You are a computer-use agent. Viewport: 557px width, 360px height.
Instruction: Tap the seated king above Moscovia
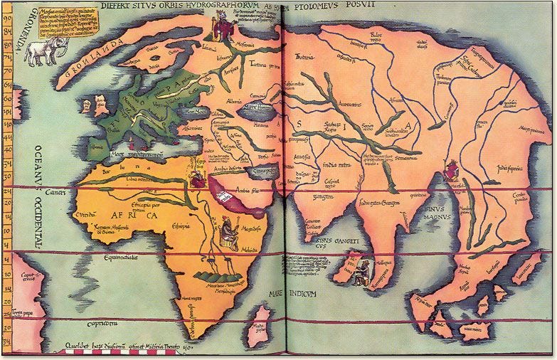pos(219,28)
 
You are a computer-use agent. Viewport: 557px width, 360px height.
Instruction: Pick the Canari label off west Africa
pos(56,192)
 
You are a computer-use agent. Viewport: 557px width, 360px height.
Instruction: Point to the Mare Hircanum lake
pos(257,109)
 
